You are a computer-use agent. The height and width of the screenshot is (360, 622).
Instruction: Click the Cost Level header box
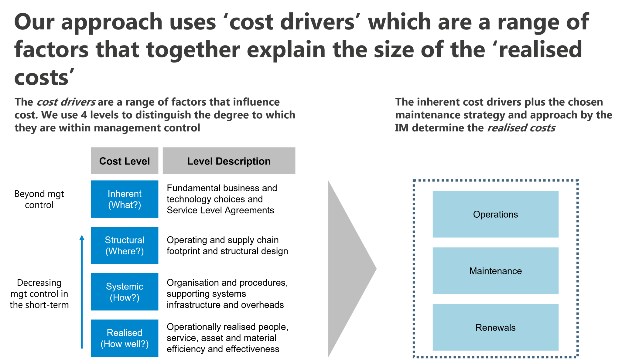125,161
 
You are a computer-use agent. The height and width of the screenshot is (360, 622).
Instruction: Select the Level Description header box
229,161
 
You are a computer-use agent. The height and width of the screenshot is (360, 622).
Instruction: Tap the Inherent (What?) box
125,199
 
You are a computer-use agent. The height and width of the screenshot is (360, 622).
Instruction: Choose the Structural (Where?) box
125,245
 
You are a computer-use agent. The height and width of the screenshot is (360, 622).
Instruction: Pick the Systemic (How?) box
125,292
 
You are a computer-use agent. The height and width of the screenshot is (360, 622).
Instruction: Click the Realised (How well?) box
125,338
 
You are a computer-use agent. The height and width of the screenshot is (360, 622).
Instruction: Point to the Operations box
495,214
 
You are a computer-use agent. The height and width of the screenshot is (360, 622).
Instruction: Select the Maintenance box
495,271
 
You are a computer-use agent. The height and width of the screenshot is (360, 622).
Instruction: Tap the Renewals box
495,327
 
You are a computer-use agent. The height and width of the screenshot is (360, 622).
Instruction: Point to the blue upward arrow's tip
82,236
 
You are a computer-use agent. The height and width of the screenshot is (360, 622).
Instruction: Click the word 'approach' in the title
112,22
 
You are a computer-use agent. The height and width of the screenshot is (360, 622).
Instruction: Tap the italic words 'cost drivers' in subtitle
66,102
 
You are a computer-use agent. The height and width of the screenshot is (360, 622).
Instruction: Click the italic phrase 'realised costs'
521,128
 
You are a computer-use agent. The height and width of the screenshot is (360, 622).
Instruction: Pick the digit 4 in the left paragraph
84,115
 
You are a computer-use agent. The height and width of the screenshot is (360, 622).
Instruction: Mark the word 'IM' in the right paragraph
402,128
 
